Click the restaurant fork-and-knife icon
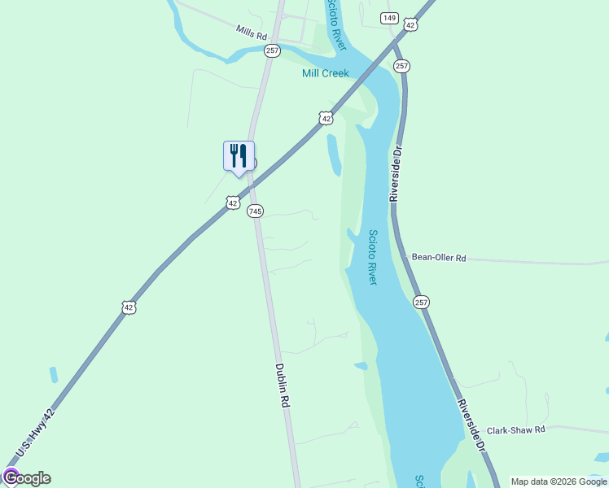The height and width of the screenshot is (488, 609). pyautogui.click(x=239, y=155)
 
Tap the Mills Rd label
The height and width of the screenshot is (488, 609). pyautogui.click(x=252, y=33)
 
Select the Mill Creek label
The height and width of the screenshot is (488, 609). pyautogui.click(x=326, y=73)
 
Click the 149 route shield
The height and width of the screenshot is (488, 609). pyautogui.click(x=389, y=17)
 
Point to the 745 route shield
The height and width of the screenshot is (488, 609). pyautogui.click(x=256, y=211)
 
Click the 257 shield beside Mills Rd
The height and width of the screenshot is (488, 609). pyautogui.click(x=272, y=50)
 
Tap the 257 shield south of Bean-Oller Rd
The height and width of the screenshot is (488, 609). pyautogui.click(x=421, y=302)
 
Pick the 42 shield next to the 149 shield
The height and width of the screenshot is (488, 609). pyautogui.click(x=410, y=26)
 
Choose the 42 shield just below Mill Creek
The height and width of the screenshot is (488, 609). pyautogui.click(x=326, y=119)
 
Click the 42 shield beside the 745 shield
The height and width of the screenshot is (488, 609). pyautogui.click(x=234, y=202)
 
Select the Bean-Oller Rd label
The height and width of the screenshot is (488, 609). pyautogui.click(x=439, y=258)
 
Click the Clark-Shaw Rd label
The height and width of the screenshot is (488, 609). pyautogui.click(x=515, y=430)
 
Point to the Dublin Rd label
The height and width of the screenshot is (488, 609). pyautogui.click(x=283, y=385)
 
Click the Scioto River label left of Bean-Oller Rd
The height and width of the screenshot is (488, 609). pyautogui.click(x=372, y=256)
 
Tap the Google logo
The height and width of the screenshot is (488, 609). pyautogui.click(x=27, y=478)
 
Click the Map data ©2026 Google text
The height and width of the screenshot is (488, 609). pyautogui.click(x=559, y=481)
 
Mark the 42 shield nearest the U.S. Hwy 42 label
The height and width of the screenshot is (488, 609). pyautogui.click(x=128, y=307)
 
